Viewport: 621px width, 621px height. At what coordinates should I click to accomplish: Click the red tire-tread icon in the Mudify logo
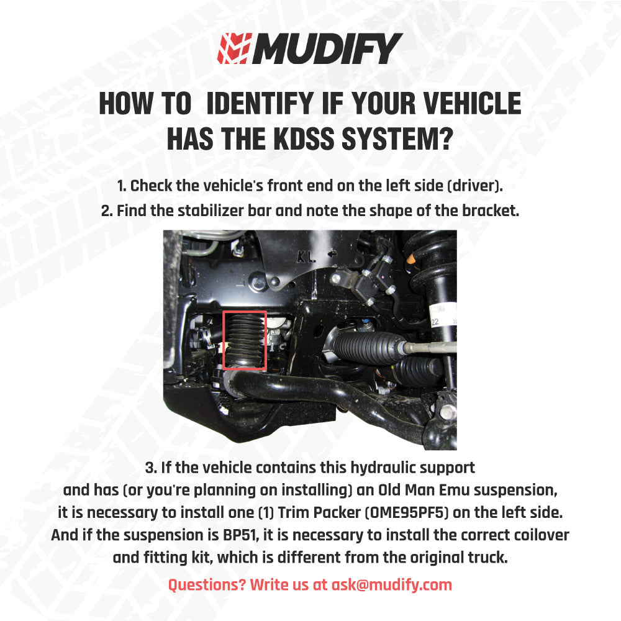point(233,49)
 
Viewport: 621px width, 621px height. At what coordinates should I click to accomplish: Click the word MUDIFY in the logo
point(325,49)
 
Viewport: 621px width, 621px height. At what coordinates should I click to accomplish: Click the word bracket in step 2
point(489,210)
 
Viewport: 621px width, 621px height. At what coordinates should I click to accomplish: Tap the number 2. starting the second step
point(107,210)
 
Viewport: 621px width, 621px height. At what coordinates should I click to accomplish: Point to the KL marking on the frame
point(306,255)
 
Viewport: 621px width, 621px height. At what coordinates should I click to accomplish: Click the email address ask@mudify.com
point(392,584)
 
